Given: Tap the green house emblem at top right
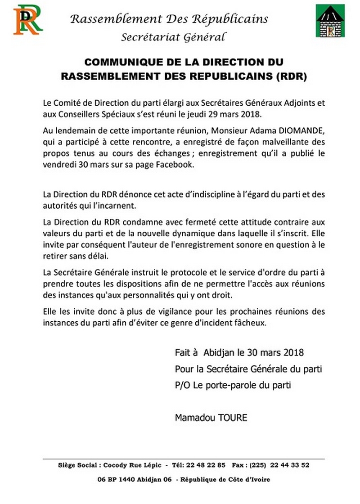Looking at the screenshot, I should click(330, 22).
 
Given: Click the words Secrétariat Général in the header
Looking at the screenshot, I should click(173, 37).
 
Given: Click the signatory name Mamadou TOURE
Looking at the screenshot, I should click(211, 418).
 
